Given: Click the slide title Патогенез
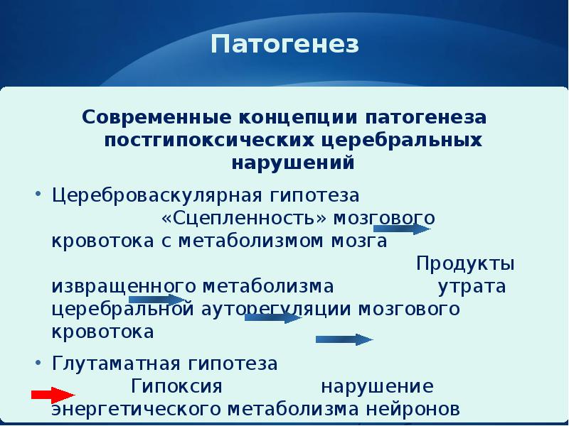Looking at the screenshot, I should (284, 45).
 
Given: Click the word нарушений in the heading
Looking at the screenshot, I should (293, 163).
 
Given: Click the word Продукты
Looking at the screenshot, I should (466, 263).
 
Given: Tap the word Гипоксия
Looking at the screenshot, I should (177, 387).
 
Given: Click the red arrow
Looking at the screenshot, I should (53, 395).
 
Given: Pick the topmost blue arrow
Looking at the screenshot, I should (402, 229).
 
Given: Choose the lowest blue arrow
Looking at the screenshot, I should (344, 339).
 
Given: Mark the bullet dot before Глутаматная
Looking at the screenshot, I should (37, 361).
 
